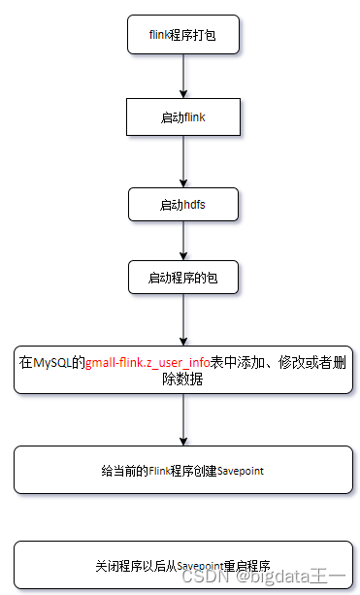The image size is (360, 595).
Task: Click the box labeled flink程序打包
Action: click(183, 35)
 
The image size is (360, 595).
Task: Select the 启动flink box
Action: click(183, 116)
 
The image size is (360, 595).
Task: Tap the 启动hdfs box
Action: click(183, 203)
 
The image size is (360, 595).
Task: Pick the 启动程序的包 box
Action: click(183, 278)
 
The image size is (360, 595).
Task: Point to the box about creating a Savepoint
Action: click(183, 470)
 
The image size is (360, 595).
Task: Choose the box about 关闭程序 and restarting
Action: click(183, 565)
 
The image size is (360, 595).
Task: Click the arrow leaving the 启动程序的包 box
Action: click(183, 320)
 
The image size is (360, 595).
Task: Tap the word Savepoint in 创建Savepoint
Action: click(241, 471)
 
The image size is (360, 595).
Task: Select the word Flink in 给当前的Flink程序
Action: click(159, 471)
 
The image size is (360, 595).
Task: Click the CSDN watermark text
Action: click(204, 577)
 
